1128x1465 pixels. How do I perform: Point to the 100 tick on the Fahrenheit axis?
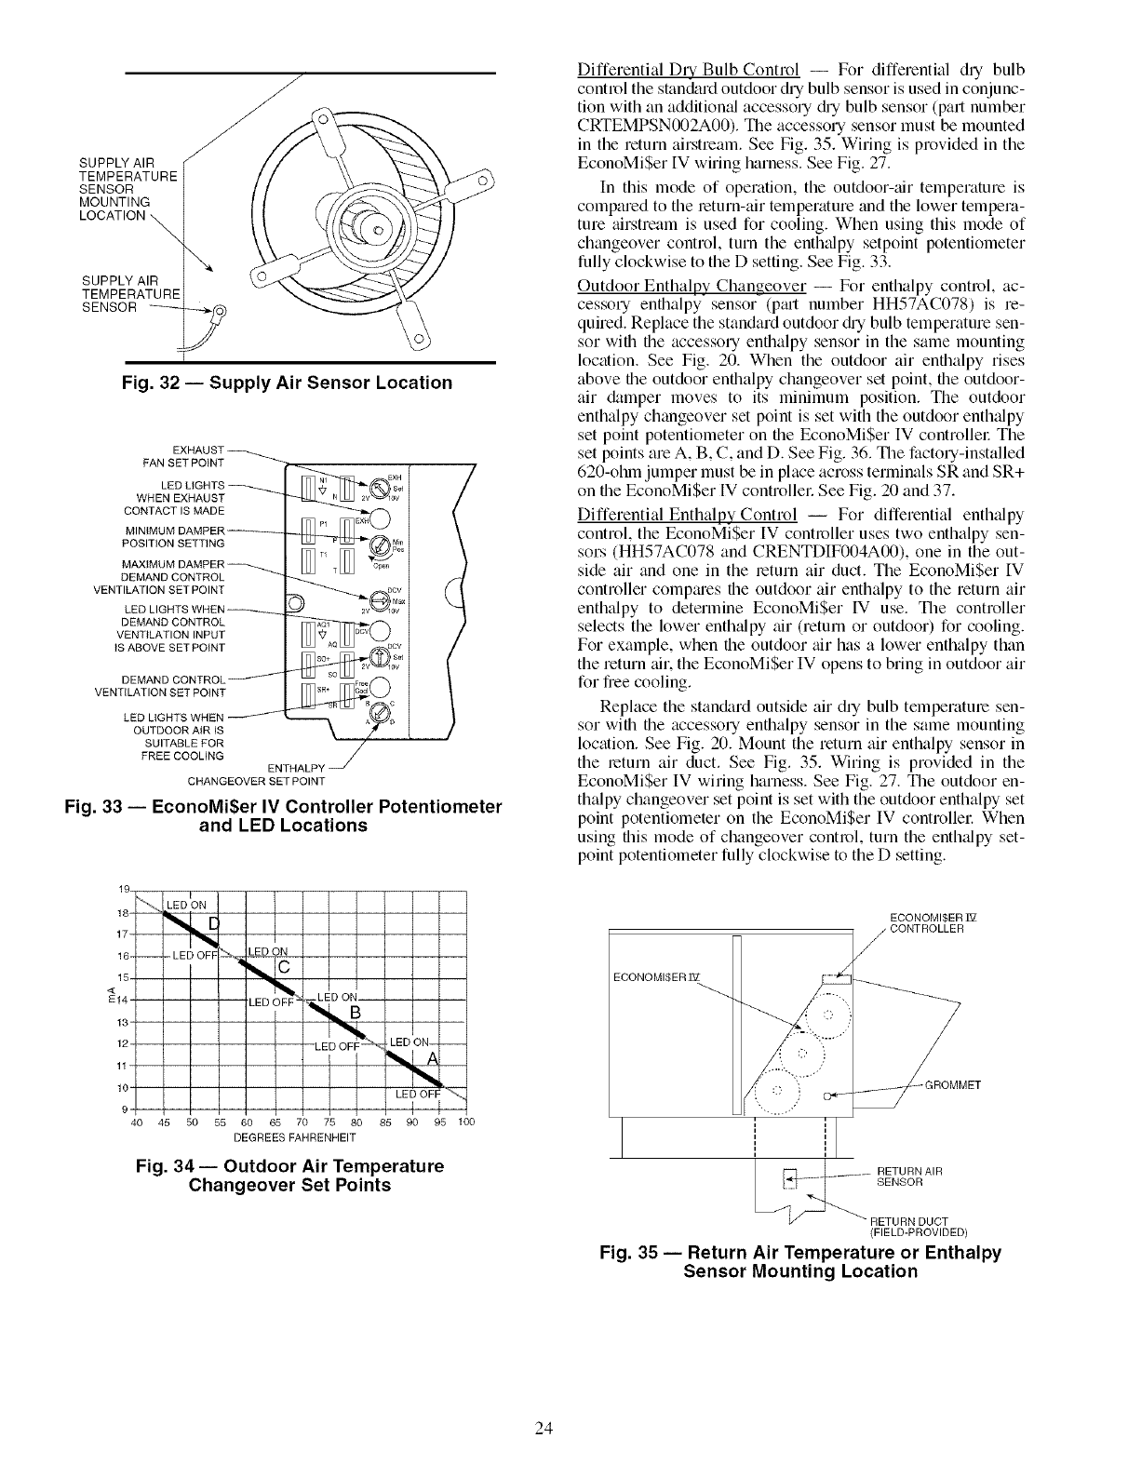click(x=465, y=1122)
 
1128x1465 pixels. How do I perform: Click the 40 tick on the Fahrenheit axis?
click(x=137, y=1122)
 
